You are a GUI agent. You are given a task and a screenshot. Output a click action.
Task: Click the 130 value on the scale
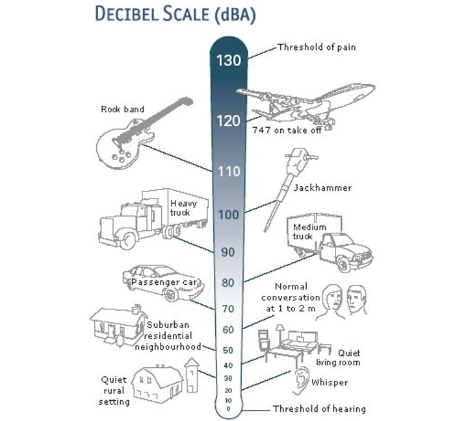click(x=228, y=61)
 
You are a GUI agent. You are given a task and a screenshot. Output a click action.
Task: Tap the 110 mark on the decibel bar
click(x=228, y=172)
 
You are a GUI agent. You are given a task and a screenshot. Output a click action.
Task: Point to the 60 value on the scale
click(x=228, y=330)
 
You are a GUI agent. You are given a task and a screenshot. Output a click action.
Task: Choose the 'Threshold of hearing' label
click(x=318, y=409)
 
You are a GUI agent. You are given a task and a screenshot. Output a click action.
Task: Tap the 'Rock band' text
click(x=122, y=109)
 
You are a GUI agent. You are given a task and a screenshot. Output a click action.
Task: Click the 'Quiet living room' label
click(x=338, y=358)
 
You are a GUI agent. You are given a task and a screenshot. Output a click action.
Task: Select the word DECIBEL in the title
click(x=136, y=14)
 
